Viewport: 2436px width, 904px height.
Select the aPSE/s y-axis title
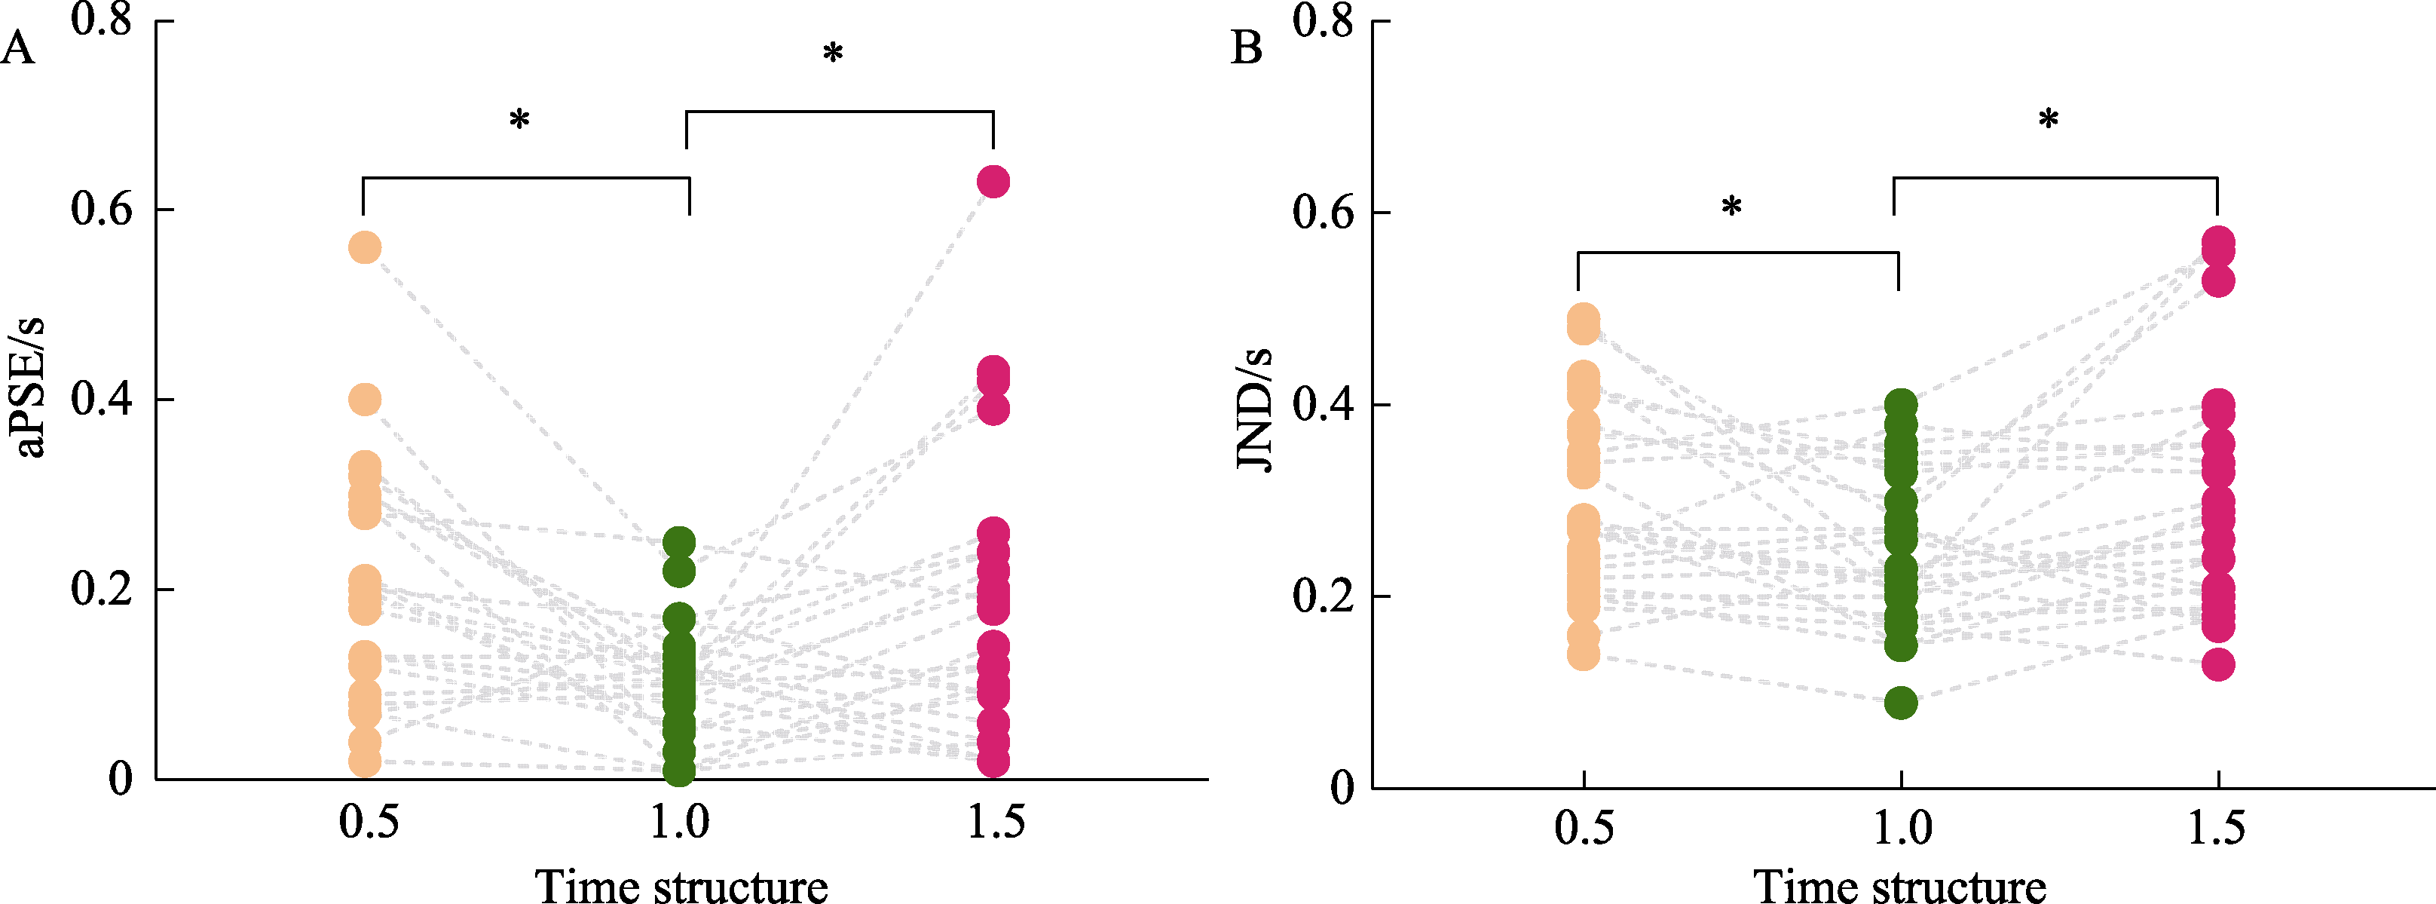point(30,388)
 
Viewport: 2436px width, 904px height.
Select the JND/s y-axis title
point(1254,409)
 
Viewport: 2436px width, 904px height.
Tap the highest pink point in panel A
point(993,181)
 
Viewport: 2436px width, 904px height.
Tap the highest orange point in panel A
point(365,248)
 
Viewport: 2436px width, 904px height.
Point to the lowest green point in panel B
point(1900,703)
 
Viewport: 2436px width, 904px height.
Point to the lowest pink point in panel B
point(2217,663)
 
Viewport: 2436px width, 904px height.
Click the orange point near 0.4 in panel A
point(365,399)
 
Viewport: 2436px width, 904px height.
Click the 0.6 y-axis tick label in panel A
point(101,209)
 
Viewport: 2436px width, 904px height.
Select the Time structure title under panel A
point(681,886)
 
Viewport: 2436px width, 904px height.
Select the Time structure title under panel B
point(1899,886)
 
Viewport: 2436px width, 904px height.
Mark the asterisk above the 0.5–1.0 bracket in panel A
point(519,120)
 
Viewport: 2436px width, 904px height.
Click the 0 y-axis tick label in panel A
point(120,779)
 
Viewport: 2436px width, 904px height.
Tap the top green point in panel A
point(679,543)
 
